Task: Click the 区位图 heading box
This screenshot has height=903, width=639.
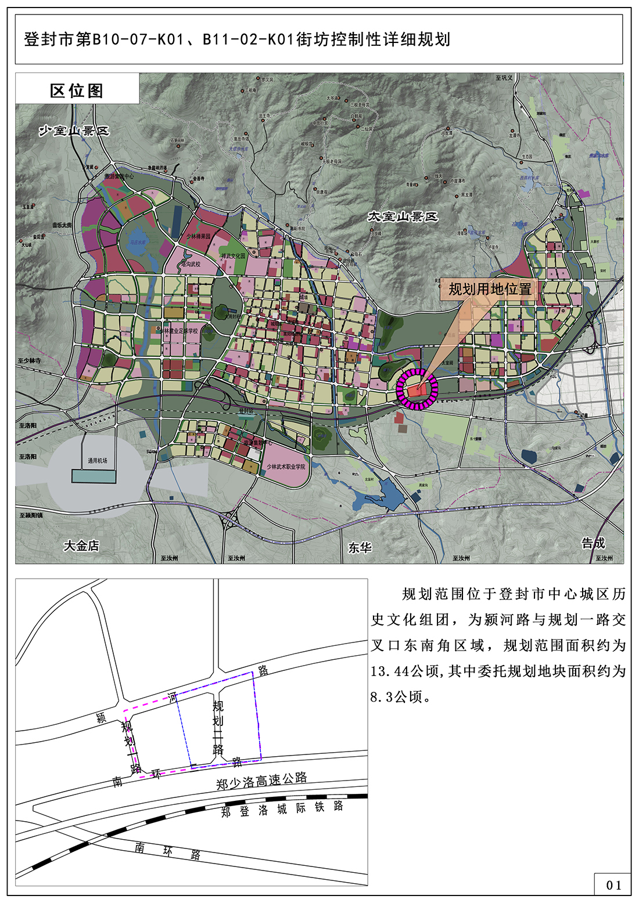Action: pos(77,91)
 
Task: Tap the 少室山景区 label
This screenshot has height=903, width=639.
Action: pos(74,131)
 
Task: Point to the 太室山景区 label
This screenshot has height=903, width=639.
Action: pos(402,216)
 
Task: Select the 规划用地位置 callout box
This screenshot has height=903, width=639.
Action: pos(490,289)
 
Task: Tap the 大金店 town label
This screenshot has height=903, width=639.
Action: pos(81,546)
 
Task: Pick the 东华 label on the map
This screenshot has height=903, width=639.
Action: pos(360,547)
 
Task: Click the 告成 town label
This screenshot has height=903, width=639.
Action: pos(593,543)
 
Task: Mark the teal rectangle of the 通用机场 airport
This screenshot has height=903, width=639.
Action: pos(94,476)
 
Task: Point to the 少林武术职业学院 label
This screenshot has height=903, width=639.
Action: pos(286,467)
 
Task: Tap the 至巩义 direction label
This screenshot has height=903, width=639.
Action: pos(504,78)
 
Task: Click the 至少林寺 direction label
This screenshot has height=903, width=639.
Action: pos(30,361)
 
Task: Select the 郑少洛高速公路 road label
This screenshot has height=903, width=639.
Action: pos(261,781)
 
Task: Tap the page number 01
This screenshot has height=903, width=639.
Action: pos(613,885)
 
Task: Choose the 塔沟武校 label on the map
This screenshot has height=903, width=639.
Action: pos(191,264)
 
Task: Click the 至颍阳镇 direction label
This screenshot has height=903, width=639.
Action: pos(31,515)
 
